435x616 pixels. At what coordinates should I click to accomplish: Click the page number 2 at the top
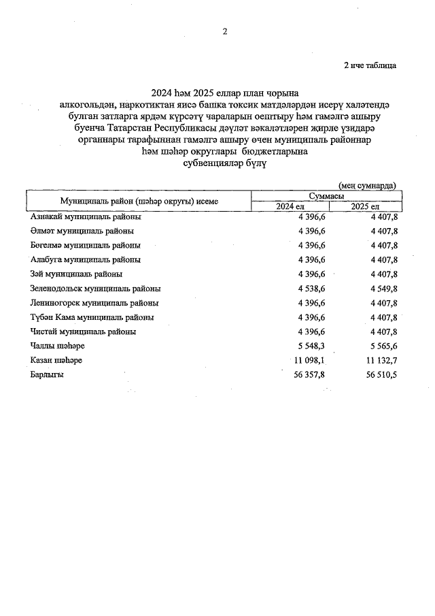224,31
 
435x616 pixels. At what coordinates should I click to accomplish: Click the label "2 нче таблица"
370,65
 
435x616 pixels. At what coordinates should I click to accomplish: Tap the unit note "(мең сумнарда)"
367,184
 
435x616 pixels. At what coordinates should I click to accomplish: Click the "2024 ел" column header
290,206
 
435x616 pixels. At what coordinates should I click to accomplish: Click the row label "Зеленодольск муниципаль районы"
96,288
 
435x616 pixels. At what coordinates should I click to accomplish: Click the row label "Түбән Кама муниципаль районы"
92,317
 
